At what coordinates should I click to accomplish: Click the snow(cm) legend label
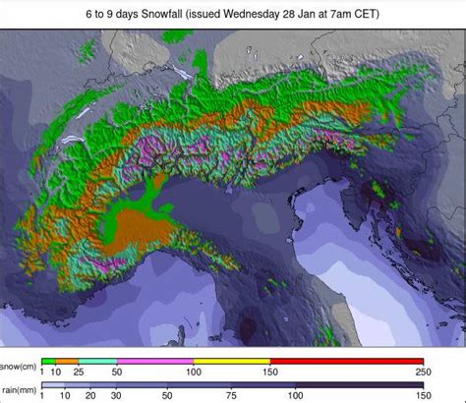(20, 368)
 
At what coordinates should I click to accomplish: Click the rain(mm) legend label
(21, 388)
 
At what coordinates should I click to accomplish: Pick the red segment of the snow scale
(346, 361)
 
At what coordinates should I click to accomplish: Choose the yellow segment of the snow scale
(230, 361)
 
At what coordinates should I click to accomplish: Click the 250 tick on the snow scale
(423, 374)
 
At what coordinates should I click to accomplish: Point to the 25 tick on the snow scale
(79, 374)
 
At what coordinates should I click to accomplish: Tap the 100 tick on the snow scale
(193, 374)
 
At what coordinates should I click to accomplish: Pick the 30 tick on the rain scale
(115, 395)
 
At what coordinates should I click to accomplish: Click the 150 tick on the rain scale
(423, 395)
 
